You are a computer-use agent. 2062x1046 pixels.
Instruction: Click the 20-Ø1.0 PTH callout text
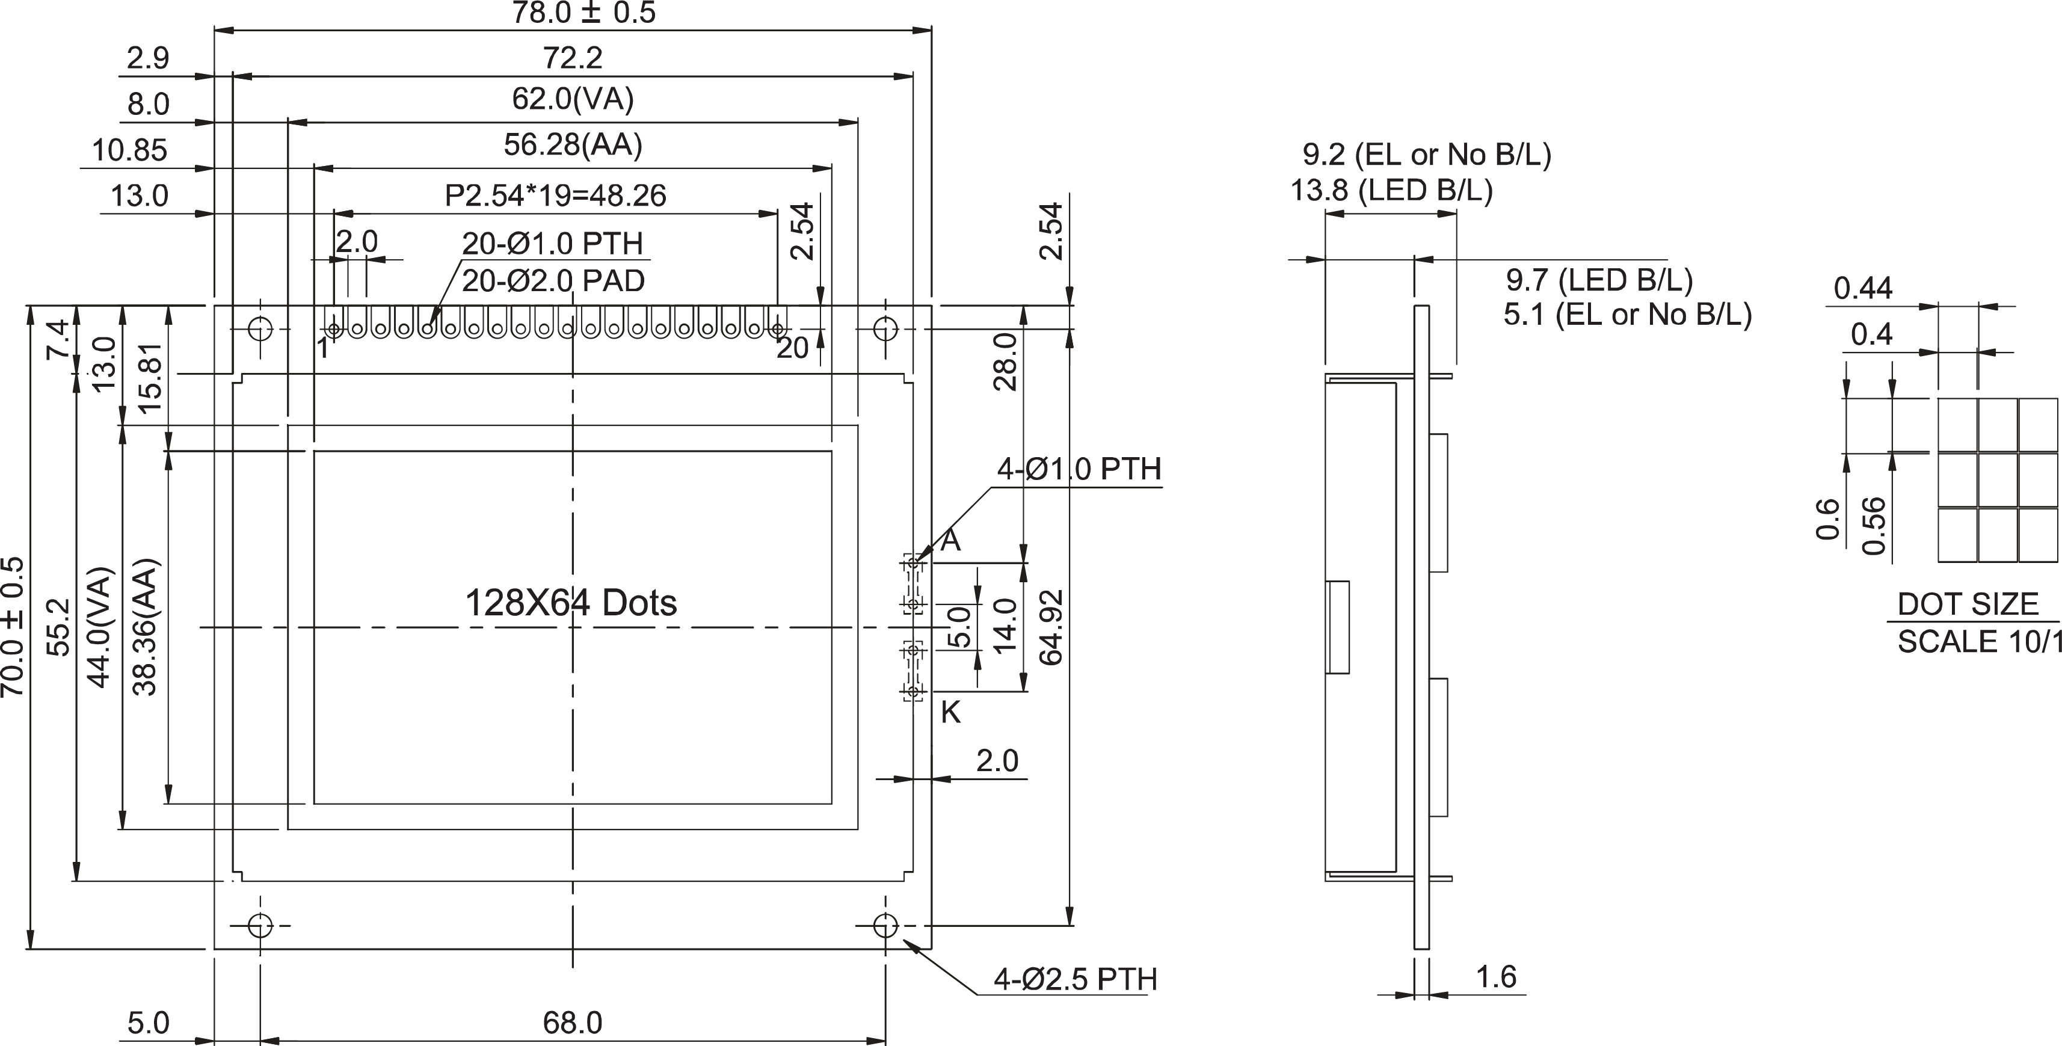click(552, 243)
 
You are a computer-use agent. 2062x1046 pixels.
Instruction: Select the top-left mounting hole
click(260, 328)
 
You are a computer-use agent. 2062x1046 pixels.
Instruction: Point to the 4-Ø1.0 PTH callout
click(1079, 469)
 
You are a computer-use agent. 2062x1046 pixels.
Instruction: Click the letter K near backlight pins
click(950, 712)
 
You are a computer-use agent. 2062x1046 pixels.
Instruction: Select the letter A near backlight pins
click(950, 541)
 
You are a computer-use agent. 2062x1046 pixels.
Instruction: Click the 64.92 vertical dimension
click(1051, 627)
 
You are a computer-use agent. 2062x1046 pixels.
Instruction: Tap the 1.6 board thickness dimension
click(1495, 977)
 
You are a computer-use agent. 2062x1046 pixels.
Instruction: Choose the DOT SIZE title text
click(1968, 605)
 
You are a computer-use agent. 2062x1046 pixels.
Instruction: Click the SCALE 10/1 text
click(1977, 642)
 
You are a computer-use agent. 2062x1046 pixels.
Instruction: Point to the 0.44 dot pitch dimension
click(1863, 288)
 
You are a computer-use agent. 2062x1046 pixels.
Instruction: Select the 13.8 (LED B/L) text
click(1391, 191)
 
